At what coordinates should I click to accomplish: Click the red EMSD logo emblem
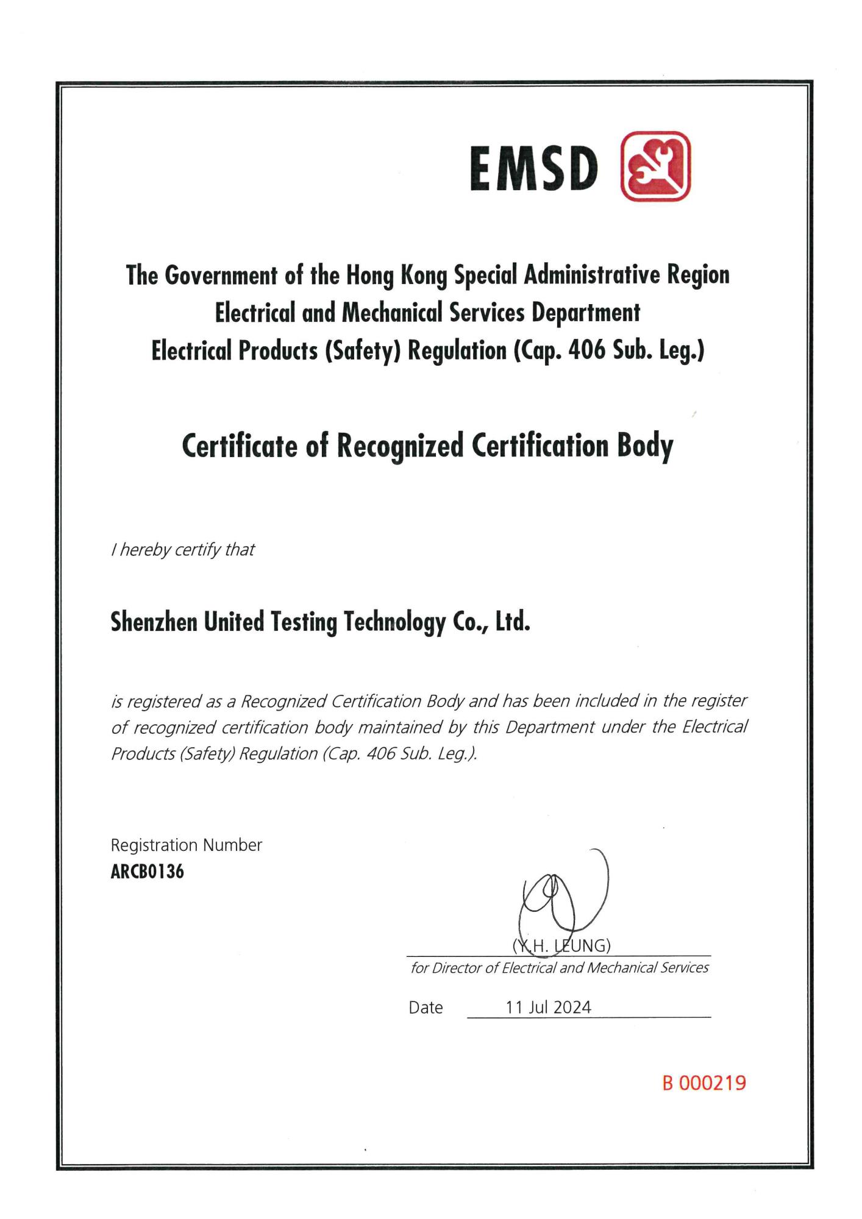[655, 166]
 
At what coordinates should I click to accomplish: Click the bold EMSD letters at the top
[533, 169]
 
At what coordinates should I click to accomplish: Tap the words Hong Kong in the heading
[397, 275]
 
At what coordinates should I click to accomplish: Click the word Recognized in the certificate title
[401, 446]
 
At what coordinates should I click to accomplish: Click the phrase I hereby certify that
[182, 550]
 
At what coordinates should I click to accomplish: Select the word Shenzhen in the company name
[154, 622]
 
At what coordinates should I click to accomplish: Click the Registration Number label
[186, 845]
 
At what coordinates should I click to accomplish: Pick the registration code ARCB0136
[147, 872]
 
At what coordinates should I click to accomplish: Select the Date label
[426, 1008]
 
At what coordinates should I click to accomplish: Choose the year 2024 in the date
[572, 1008]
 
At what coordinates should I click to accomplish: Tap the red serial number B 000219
[704, 1083]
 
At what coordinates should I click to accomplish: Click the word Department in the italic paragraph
[549, 727]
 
